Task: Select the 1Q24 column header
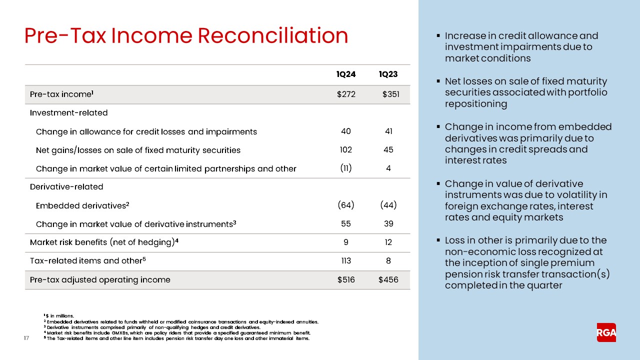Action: [x=346, y=74]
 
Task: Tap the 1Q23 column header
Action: [x=388, y=74]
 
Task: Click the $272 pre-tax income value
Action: [x=346, y=94]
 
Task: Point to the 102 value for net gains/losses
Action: [x=345, y=150]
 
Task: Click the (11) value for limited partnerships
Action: [x=345, y=168]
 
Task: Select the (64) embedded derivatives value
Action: [x=345, y=205]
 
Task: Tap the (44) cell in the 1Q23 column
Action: [x=388, y=205]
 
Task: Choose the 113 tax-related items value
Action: [x=345, y=260]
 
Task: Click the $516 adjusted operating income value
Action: [x=346, y=279]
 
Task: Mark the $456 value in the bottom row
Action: [x=388, y=279]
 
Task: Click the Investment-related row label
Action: [x=68, y=113]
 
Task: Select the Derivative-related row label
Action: [x=66, y=186]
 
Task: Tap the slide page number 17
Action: [x=27, y=339]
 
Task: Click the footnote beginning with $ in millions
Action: [x=59, y=315]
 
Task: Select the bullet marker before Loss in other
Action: [x=438, y=240]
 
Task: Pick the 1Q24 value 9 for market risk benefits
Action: [x=345, y=242]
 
